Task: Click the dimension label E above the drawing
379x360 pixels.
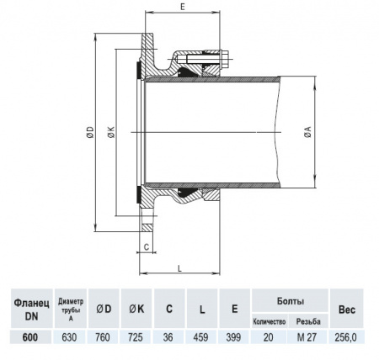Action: [183, 7]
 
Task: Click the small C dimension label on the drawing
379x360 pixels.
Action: [147, 247]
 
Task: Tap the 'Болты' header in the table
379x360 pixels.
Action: [290, 300]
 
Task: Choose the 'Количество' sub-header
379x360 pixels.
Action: [270, 321]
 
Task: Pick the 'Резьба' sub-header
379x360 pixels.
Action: [309, 321]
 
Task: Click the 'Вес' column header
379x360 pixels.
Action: [346, 308]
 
